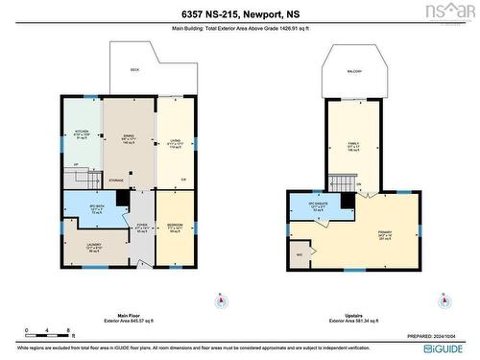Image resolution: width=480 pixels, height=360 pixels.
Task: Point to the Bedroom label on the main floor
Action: point(173,228)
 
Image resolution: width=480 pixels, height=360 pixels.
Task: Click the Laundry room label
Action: point(82,247)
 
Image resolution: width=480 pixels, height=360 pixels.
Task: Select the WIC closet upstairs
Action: point(300,254)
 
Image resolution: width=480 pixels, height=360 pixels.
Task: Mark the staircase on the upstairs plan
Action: point(342,182)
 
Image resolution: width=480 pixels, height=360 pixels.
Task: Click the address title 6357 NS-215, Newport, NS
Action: point(239,13)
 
